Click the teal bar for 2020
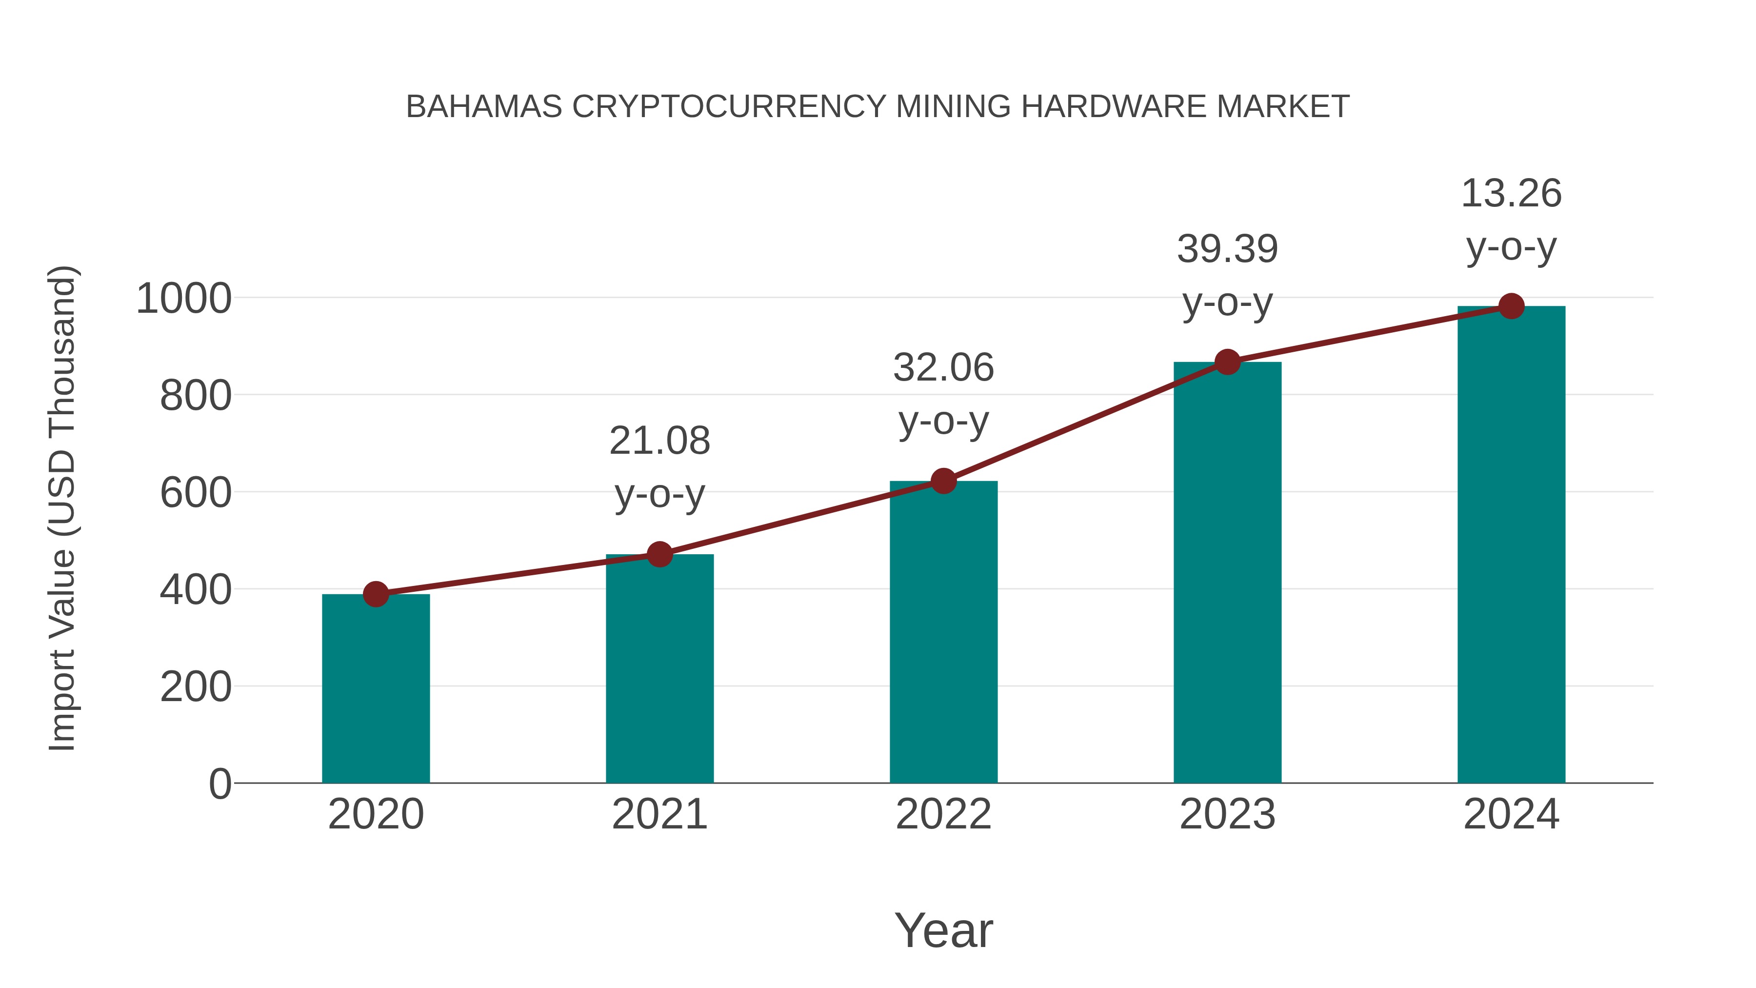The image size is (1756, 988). [x=376, y=688]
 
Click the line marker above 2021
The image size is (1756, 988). [x=659, y=554]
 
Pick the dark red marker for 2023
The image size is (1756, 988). [x=1227, y=362]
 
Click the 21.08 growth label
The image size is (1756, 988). [x=659, y=441]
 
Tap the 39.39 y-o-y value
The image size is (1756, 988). [x=1227, y=249]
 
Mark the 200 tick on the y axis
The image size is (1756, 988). [x=195, y=687]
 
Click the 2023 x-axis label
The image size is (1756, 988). [x=1227, y=814]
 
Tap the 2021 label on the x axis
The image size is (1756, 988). [x=659, y=814]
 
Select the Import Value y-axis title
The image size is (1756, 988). [x=61, y=508]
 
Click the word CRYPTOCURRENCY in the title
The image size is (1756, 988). [x=729, y=107]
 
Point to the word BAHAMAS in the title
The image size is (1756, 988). [x=484, y=107]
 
